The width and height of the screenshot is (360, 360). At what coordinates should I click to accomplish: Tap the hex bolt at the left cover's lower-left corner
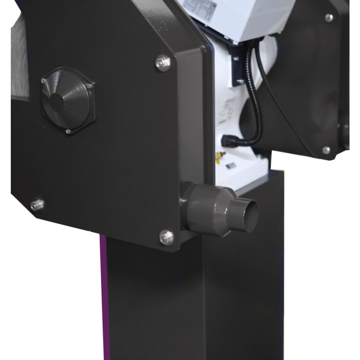click(36, 205)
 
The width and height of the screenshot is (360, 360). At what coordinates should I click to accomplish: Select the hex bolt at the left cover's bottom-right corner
click(166, 237)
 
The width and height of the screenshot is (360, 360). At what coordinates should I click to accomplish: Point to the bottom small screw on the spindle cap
click(68, 131)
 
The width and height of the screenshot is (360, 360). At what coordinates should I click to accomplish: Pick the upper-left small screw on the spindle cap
click(44, 80)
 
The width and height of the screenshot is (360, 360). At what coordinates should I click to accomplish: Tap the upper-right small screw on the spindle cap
click(89, 86)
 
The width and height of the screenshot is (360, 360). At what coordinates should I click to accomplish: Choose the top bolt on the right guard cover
click(329, 18)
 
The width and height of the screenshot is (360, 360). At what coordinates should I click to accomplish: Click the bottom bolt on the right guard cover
click(326, 150)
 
